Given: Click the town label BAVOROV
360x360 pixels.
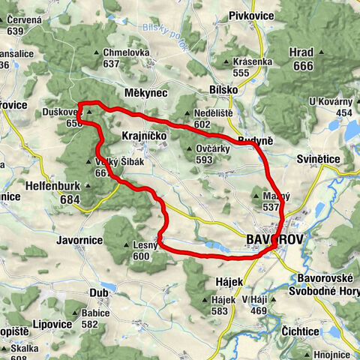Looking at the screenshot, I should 273,239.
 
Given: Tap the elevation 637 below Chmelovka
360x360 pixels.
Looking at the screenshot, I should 112,64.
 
